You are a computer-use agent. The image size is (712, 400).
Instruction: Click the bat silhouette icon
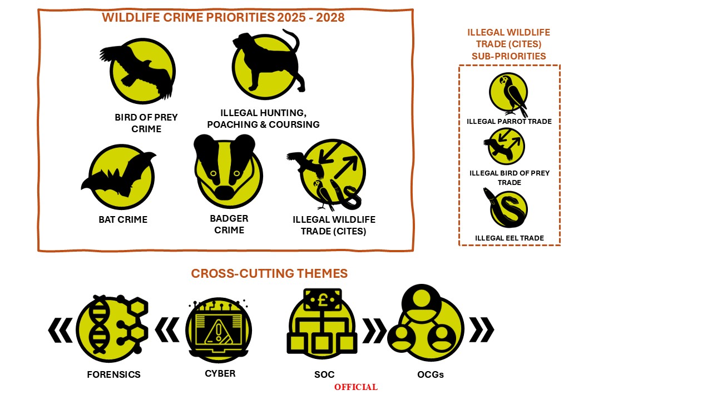tap(119, 176)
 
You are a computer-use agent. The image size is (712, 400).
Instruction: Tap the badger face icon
tap(228, 172)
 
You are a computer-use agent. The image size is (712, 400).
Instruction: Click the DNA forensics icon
tap(112, 328)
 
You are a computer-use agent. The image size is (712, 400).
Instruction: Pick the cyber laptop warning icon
tap(219, 330)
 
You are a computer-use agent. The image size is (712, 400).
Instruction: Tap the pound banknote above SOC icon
tap(322, 299)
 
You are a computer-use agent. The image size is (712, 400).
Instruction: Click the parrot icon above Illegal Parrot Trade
tap(509, 94)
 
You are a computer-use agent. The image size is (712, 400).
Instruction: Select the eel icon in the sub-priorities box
tap(506, 208)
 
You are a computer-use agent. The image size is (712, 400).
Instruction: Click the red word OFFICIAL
tap(355, 387)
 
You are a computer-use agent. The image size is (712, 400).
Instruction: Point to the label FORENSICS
tap(113, 374)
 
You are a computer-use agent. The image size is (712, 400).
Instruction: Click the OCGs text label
tap(431, 374)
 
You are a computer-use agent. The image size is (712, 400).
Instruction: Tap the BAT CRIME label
tap(123, 219)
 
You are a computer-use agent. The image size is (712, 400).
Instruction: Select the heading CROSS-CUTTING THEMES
tap(269, 273)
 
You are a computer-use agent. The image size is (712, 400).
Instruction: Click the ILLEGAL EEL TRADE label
tap(509, 238)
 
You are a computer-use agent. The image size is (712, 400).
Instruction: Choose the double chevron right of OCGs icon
tap(482, 329)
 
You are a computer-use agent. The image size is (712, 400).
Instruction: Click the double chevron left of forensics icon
tap(61, 330)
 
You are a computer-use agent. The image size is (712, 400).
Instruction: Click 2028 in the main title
tap(330, 17)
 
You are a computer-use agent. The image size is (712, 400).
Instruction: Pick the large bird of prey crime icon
tap(140, 71)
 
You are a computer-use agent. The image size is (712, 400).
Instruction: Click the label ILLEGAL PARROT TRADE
tap(509, 122)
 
